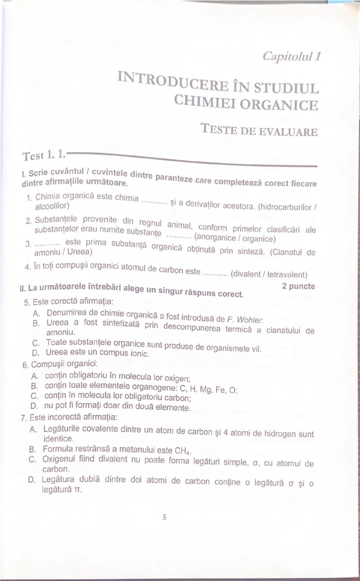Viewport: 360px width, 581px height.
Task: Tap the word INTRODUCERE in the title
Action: tap(173, 82)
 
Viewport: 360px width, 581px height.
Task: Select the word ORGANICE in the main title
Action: tap(279, 105)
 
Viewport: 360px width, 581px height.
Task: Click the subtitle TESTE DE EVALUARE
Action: tap(259, 130)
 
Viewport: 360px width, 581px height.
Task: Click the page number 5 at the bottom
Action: tap(164, 517)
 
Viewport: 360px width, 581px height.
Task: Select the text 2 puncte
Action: tap(298, 286)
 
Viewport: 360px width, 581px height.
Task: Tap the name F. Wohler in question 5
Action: tap(245, 320)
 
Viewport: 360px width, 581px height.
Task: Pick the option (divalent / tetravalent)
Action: tap(269, 274)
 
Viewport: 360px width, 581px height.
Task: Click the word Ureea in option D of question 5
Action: tap(57, 352)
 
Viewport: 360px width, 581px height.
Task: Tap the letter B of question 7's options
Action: tap(32, 449)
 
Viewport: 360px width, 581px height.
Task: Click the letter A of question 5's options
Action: tap(36, 313)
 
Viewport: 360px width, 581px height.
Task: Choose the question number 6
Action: tap(25, 365)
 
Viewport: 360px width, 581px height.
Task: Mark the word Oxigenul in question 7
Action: tap(59, 459)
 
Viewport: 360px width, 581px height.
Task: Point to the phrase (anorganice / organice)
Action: tap(235, 238)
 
